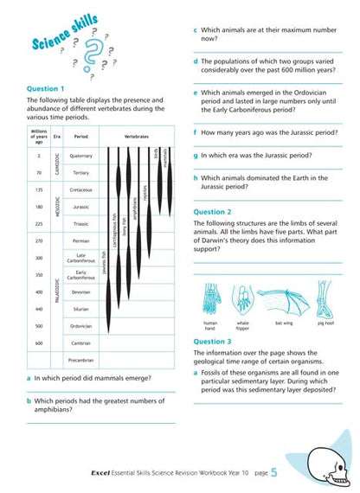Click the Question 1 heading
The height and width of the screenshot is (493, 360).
pyautogui.click(x=45, y=88)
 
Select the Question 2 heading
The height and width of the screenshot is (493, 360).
pyautogui.click(x=212, y=211)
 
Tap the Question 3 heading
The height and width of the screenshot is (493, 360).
pyautogui.click(x=212, y=342)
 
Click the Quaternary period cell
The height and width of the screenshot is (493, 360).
pyautogui.click(x=81, y=156)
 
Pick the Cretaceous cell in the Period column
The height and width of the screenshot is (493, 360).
pyautogui.click(x=81, y=189)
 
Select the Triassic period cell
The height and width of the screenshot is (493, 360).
pyautogui.click(x=81, y=223)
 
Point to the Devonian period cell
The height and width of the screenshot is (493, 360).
pyautogui.click(x=81, y=291)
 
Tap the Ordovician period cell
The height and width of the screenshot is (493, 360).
pyautogui.click(x=81, y=326)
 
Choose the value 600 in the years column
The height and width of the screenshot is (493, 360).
pyautogui.click(x=40, y=343)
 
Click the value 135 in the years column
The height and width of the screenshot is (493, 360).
pyautogui.click(x=40, y=189)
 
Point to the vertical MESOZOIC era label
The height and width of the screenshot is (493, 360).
pyautogui.click(x=58, y=207)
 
